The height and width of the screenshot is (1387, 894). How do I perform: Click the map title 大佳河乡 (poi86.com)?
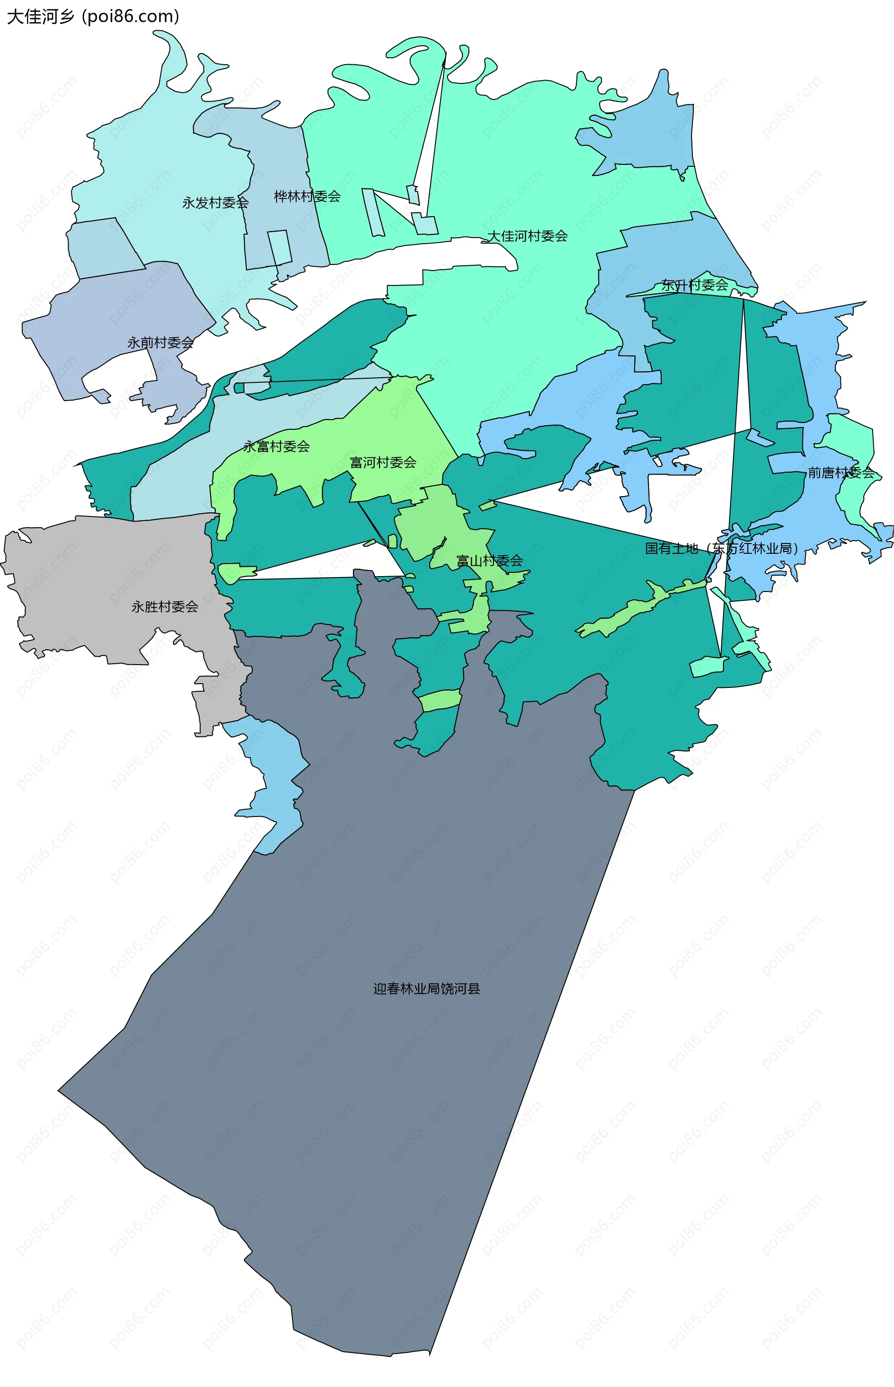[93, 16]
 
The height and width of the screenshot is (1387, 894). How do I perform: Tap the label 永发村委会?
[216, 203]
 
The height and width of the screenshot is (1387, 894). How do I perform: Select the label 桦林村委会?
[307, 196]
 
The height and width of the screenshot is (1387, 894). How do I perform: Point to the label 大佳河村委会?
[527, 236]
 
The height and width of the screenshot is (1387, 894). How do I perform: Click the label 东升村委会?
[695, 285]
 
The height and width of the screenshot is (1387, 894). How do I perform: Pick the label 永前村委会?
[161, 342]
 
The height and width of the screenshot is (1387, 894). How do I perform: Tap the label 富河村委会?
[383, 462]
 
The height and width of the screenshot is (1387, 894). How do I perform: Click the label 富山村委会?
[489, 560]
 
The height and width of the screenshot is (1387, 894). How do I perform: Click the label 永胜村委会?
[165, 607]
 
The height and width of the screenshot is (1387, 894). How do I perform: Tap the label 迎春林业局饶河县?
[427, 988]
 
